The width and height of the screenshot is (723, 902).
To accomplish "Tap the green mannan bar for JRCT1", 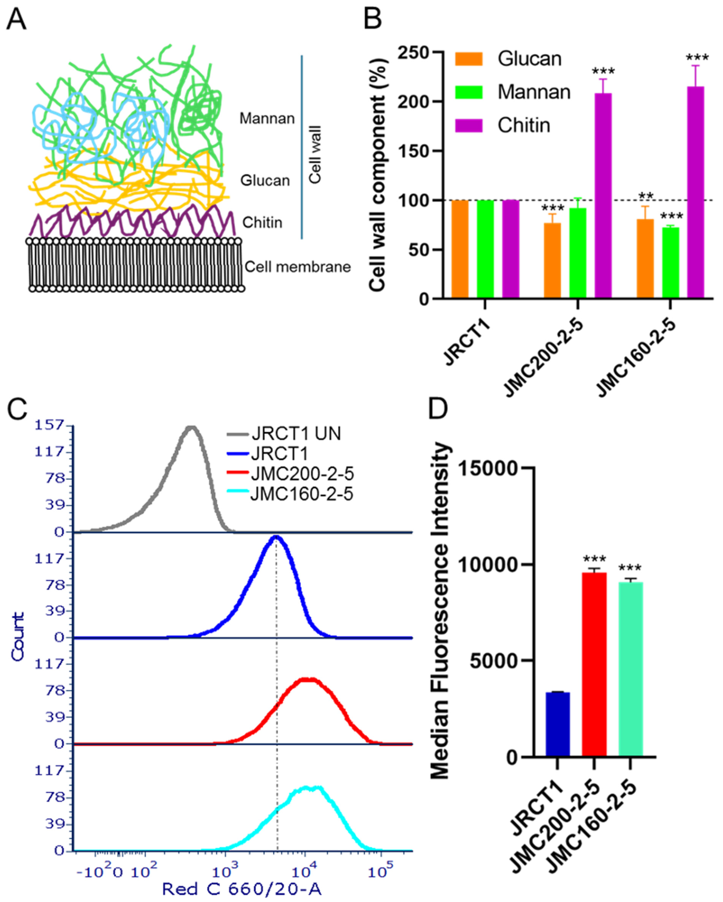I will [x=485, y=249].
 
